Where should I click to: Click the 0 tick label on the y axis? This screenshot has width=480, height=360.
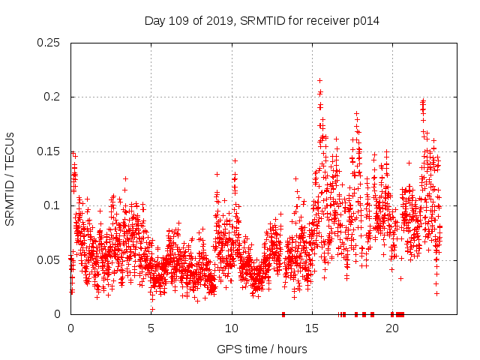pos(58,314)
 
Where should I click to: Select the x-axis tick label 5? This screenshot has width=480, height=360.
pos(151,328)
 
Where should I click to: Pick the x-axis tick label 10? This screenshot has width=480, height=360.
pos(232,328)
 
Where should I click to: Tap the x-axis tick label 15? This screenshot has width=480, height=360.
pos(312,328)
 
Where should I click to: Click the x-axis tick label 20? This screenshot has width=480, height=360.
pos(392,328)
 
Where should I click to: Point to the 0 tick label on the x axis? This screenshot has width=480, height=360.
pos(70,328)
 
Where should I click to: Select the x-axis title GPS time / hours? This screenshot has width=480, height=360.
pos(262,349)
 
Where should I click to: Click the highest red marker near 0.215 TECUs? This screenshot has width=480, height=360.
pos(320,80)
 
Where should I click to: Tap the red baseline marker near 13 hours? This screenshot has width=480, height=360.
pos(283,314)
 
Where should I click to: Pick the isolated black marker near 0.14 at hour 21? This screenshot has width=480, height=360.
pos(409,163)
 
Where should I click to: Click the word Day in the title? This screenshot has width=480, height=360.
pos(154,21)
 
